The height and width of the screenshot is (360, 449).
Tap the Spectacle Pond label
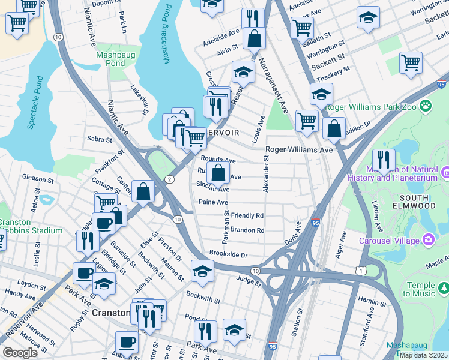tap(35, 103)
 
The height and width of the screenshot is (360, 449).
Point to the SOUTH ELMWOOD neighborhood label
tap(406, 202)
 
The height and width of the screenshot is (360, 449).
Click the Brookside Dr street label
tap(228, 255)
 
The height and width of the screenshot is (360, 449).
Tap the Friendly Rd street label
tap(247, 215)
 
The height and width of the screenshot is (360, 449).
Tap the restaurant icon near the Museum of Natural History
tap(384, 161)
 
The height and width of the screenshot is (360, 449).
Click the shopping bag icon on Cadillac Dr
tap(334, 128)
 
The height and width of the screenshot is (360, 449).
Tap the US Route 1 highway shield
tap(360, 271)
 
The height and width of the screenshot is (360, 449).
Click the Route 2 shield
tap(170, 179)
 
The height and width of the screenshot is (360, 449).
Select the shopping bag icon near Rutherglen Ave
tap(218, 173)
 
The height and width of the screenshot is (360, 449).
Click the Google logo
tap(21, 353)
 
